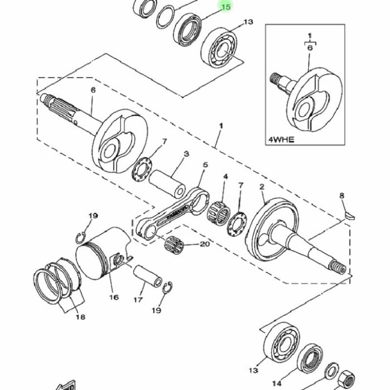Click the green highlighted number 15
226,7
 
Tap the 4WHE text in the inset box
281,139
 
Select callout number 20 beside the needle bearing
205,244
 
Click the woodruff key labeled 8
350,215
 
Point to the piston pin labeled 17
148,276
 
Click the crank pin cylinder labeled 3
167,184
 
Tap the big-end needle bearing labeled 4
218,213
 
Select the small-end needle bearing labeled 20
174,246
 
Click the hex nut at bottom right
347,380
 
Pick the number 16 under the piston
114,297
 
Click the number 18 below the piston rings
80,317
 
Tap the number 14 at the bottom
276,383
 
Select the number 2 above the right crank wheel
262,187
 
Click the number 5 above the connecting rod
205,165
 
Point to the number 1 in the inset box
310,36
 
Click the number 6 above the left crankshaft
93,90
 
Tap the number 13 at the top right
248,22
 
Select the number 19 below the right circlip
156,311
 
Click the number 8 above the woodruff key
342,196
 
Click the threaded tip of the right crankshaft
337,267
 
